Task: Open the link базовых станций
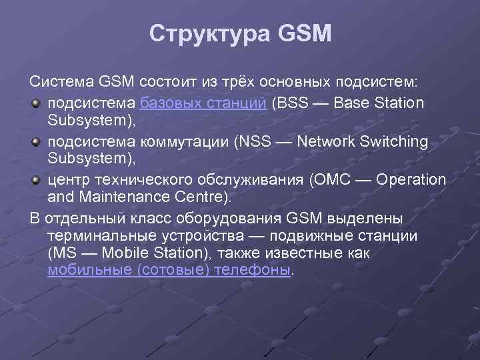(204, 103)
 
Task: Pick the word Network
(326, 142)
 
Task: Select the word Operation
(411, 181)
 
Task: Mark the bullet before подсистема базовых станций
(37, 104)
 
